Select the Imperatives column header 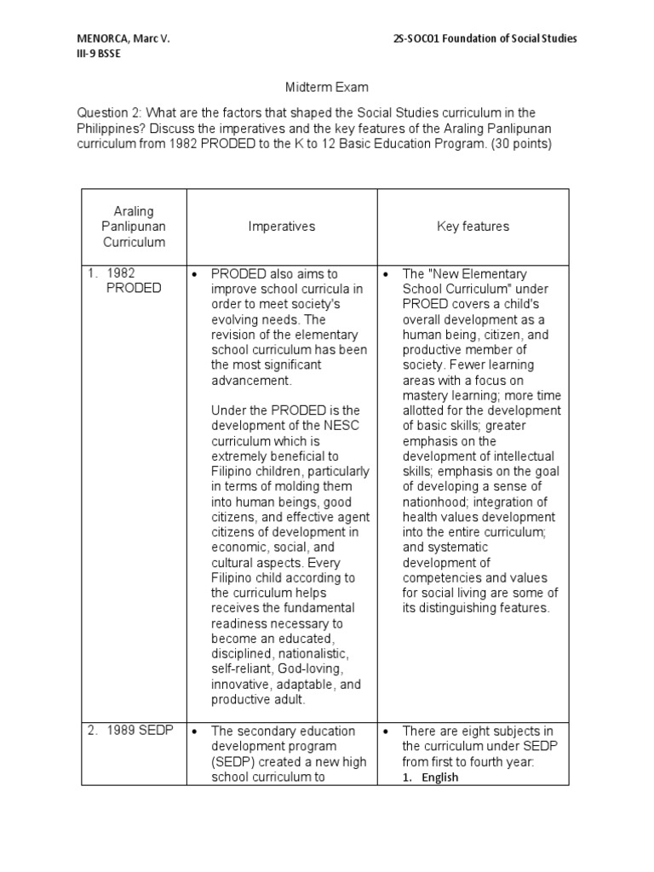[x=282, y=227]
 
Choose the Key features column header [x=473, y=227]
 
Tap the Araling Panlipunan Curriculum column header [x=134, y=227]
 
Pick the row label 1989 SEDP [x=141, y=731]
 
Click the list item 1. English [x=430, y=777]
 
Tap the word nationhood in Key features [x=434, y=502]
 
